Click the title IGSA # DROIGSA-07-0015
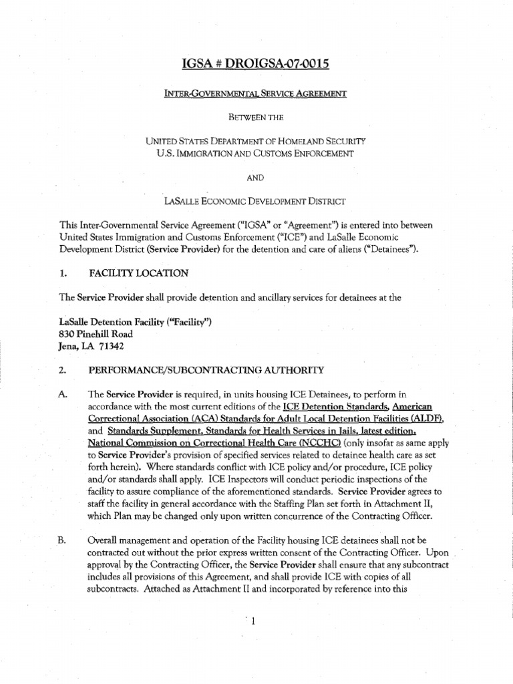click(256, 65)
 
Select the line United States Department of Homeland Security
click(256, 141)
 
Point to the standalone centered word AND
click(256, 177)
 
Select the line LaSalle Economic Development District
click(256, 200)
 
